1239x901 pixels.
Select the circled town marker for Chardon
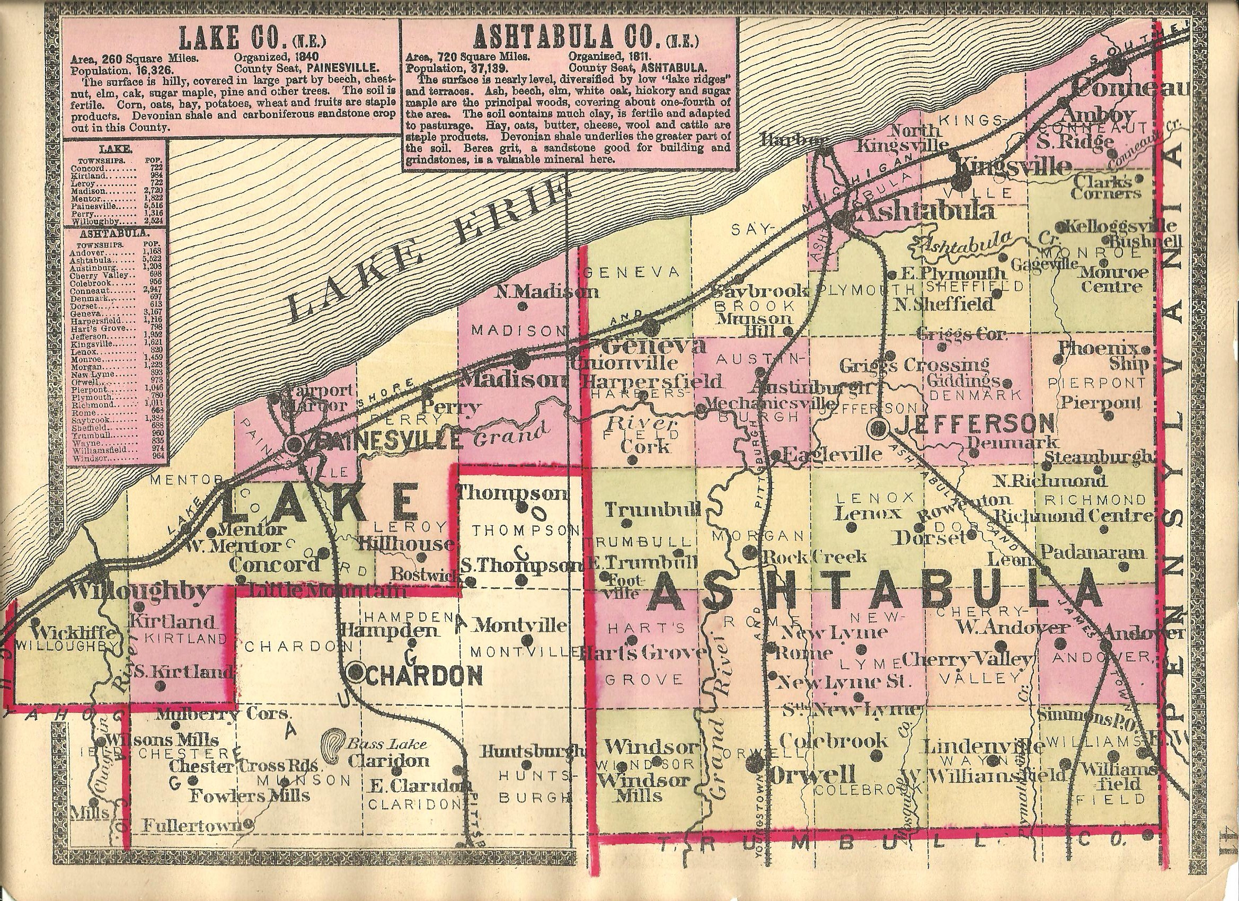[x=356, y=672]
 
